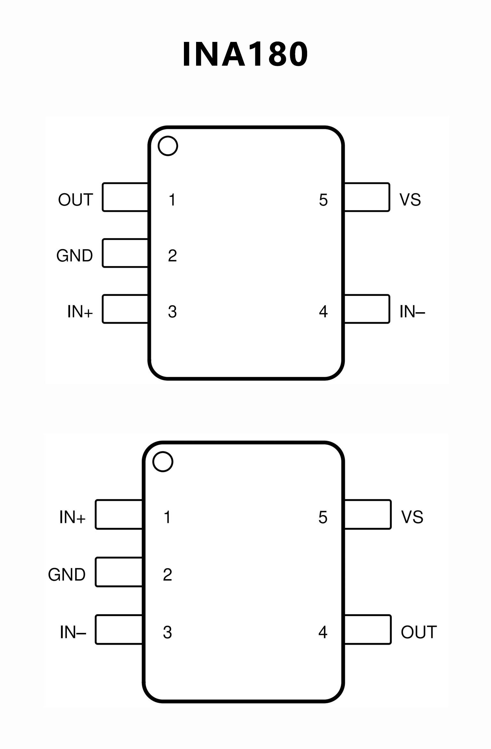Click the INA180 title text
pos(245,54)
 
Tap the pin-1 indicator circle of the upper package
pos(168,146)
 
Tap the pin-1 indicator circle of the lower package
pos(163,461)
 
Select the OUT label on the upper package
pos(75,200)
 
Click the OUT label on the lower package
pos(419,632)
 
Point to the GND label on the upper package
pos(75,256)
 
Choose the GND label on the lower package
pos(67,575)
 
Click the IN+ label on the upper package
pos(80,311)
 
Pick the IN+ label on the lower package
pos(72,517)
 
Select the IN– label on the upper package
pos(412,311)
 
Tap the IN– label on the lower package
pos(73,632)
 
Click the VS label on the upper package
pos(410,200)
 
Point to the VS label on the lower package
pos(412,517)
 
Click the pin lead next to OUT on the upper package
pos(125,197)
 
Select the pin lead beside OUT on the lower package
pos(368,629)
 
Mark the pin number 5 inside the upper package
pos(323,200)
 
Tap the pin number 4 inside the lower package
pos(323,632)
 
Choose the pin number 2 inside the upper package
pos(172,256)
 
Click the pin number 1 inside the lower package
pos(167,517)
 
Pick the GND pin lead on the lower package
pos(119,572)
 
